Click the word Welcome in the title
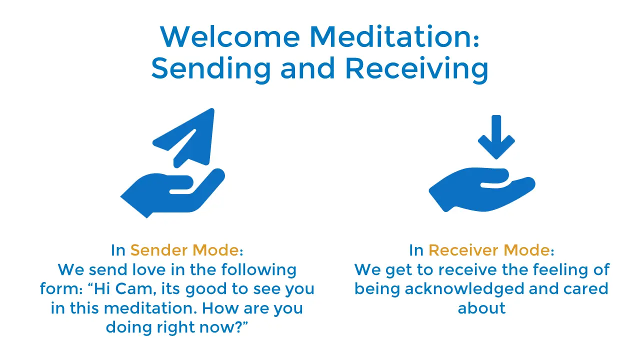pyautogui.click(x=230, y=36)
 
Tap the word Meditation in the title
pyautogui.click(x=394, y=36)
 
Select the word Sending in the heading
pyautogui.click(x=211, y=68)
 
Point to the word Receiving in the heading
pyautogui.click(x=417, y=68)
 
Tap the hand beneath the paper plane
pyautogui.click(x=173, y=193)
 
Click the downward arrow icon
pyautogui.click(x=496, y=137)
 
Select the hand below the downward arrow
pyautogui.click(x=482, y=190)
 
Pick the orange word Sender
pyautogui.click(x=159, y=250)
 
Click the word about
pyautogui.click(x=481, y=308)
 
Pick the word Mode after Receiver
pyautogui.click(x=526, y=250)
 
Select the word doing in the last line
pyautogui.click(x=129, y=327)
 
